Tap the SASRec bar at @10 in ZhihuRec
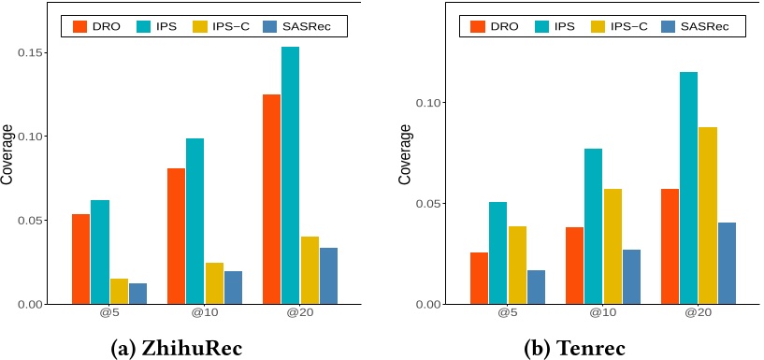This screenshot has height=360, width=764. click(233, 287)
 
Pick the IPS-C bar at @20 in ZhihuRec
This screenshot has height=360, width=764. click(309, 270)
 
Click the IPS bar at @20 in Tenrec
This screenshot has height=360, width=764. click(688, 188)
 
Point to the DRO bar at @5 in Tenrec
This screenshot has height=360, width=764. click(479, 278)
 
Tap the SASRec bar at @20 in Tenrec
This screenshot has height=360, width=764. click(726, 263)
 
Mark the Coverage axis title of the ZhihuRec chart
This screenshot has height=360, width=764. click(7, 161)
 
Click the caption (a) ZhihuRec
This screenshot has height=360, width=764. click(177, 348)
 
